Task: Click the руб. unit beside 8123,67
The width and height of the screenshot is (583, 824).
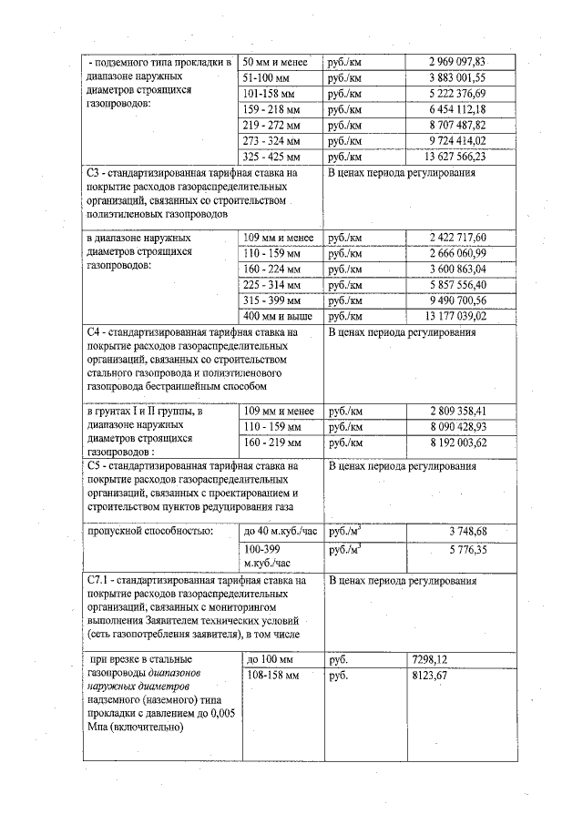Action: [x=338, y=676]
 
